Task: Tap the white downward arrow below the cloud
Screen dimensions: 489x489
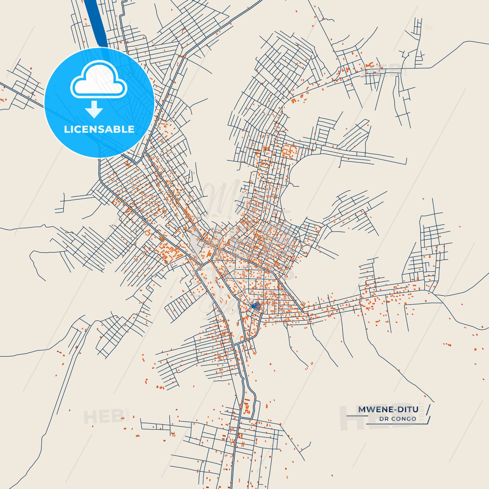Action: pyautogui.click(x=94, y=109)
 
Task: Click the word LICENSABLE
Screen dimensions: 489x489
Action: pyautogui.click(x=99, y=129)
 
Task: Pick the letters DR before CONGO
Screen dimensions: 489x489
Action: pyautogui.click(x=384, y=419)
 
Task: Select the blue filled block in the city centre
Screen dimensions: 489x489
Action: pyautogui.click(x=256, y=306)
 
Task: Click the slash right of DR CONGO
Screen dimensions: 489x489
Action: pyautogui.click(x=428, y=420)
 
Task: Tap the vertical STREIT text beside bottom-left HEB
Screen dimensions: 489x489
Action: pyautogui.click(x=128, y=415)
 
